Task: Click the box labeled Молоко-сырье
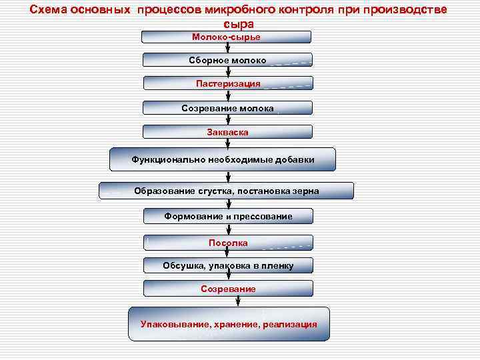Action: point(227,37)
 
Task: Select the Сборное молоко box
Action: point(227,61)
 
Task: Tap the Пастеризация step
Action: point(227,84)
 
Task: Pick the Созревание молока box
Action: point(227,108)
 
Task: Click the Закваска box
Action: point(227,132)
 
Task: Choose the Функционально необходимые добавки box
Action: point(223,159)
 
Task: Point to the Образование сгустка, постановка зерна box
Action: point(226,191)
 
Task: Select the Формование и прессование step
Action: point(227,216)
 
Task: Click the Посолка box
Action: point(227,243)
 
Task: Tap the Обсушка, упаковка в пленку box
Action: point(227,265)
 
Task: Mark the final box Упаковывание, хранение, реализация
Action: point(229,325)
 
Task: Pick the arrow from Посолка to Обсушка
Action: point(228,254)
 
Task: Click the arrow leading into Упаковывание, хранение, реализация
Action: point(228,301)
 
